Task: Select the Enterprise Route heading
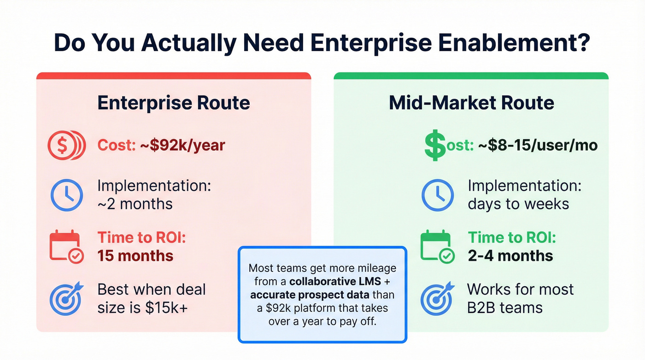point(174,102)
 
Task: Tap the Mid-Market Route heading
point(471,102)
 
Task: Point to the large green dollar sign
point(434,144)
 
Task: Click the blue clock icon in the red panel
point(66,195)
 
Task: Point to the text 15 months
point(135,256)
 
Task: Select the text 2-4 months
point(510,256)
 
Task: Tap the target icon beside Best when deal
point(66,298)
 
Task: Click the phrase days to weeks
point(518,203)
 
